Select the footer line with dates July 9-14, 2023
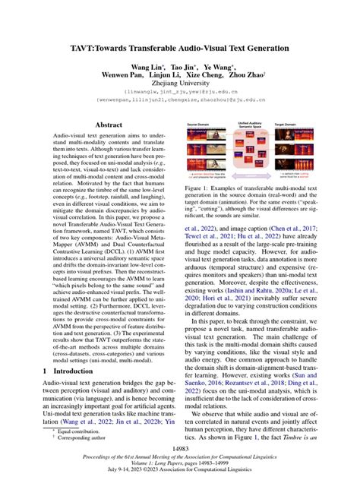coord(179,467)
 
